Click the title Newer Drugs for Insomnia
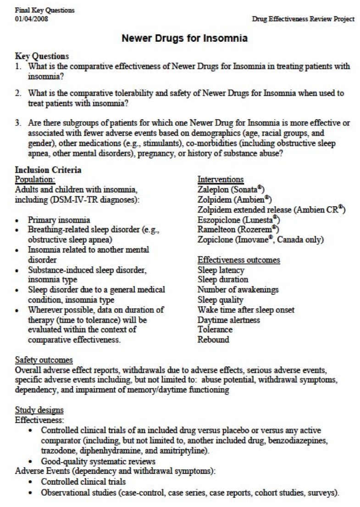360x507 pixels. [x=184, y=39]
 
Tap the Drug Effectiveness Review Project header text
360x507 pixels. [x=303, y=19]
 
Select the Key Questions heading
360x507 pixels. [x=42, y=56]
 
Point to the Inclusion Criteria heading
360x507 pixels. [x=48, y=170]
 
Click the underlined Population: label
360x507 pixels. [x=35, y=179]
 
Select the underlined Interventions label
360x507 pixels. [x=221, y=179]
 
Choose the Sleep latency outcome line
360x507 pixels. [x=221, y=270]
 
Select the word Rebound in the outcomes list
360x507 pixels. [x=213, y=340]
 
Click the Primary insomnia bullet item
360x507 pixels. [x=59, y=220]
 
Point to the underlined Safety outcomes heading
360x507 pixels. [x=44, y=360]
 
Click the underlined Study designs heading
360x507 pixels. [x=39, y=410]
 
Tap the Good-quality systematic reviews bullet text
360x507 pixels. [x=98, y=462]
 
